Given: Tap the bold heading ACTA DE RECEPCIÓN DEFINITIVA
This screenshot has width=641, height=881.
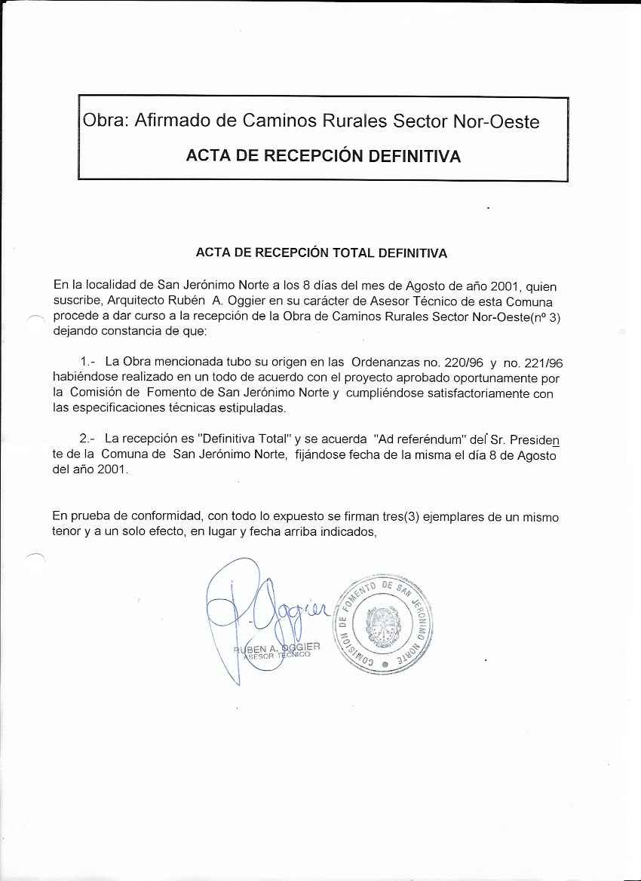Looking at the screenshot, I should (324, 157).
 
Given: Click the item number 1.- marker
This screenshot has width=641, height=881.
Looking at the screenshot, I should (87, 362).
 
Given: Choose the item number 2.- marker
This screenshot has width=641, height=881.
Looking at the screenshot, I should (87, 439).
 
